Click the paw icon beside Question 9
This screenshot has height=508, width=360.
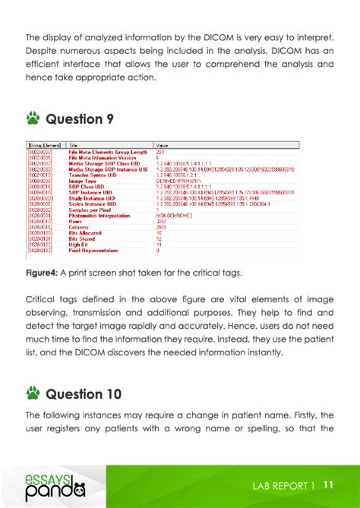pyautogui.click(x=33, y=118)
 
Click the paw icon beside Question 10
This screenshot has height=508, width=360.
pyautogui.click(x=33, y=394)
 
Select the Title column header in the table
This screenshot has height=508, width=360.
pyautogui.click(x=73, y=144)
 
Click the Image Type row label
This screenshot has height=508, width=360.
pyautogui.click(x=81, y=181)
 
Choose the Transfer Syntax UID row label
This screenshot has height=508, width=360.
pyautogui.click(x=92, y=175)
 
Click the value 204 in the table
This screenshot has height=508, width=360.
pyautogui.click(x=159, y=152)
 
